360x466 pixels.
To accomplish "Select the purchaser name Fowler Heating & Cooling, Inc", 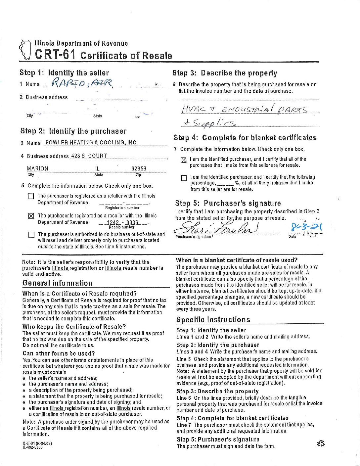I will click(91, 143).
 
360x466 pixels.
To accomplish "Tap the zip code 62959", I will click(139, 168).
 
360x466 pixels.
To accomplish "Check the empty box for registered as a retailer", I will click(31, 196).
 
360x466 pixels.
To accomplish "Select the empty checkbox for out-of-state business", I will click(31, 235).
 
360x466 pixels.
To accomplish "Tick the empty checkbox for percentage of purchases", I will click(184, 178).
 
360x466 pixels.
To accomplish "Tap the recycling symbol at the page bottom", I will click(321, 443).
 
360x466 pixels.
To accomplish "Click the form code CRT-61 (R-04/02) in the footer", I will click(37, 443).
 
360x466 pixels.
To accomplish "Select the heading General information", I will click(58, 283).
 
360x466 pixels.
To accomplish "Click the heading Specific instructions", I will click(213, 319).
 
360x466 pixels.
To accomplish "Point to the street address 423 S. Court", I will click(89, 156).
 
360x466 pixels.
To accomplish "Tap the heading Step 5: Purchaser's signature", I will click(228, 203).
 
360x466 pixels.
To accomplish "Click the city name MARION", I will click(37, 168).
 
